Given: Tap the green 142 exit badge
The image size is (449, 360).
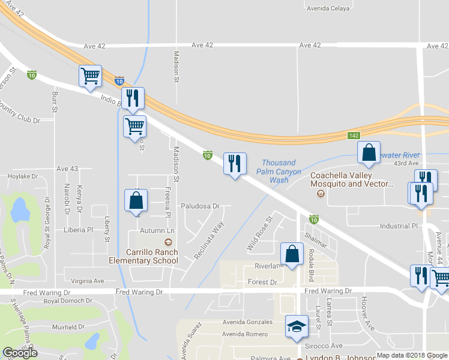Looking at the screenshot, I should [354, 137].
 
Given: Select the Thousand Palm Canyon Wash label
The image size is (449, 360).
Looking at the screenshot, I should [278, 171].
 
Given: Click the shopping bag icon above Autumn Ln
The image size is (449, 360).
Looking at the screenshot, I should [136, 201].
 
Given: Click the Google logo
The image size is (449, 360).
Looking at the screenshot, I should [20, 353].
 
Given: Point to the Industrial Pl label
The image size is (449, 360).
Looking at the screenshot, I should [398, 226].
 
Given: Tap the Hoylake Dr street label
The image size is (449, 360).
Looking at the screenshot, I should [23, 177].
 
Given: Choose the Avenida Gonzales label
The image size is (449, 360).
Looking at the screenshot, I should [247, 322].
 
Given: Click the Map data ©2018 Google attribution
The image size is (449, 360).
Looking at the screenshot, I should [412, 355].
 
